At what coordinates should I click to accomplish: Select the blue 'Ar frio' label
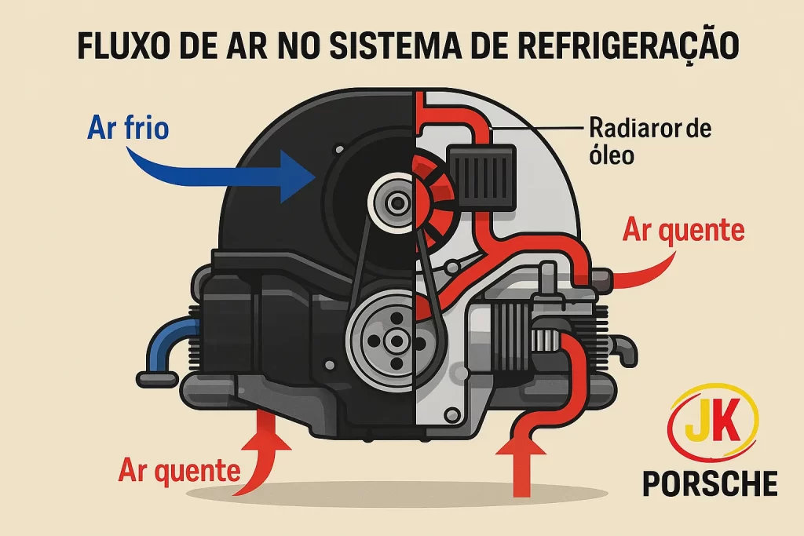(128, 127)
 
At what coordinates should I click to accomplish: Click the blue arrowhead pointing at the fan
(296, 177)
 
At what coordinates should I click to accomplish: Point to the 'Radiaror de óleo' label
(649, 141)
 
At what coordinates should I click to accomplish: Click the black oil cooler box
(481, 177)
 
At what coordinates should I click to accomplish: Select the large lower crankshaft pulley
(395, 341)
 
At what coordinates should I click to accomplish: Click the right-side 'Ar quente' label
(684, 230)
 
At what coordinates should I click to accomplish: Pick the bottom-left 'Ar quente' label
(180, 470)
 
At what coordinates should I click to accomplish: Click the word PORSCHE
(710, 483)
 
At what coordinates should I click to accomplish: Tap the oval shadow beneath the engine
(395, 494)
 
